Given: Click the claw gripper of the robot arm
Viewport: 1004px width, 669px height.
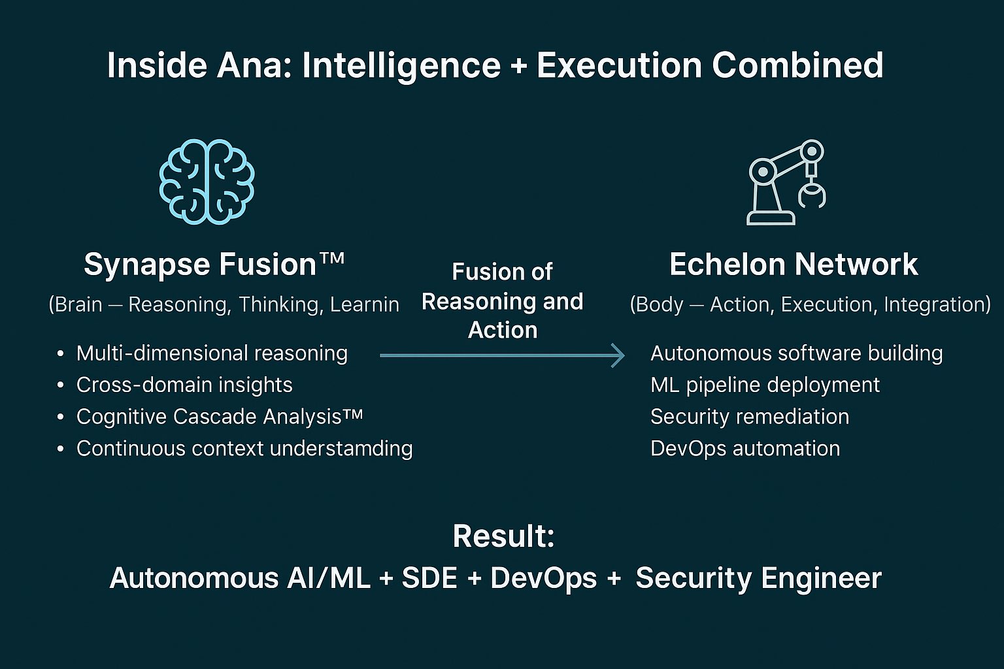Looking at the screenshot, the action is click(812, 197).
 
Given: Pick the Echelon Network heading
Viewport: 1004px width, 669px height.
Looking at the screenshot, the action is click(794, 264).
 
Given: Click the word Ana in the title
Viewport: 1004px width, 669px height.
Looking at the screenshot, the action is click(254, 65).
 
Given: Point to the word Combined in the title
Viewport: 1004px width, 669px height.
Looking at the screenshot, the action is click(797, 65).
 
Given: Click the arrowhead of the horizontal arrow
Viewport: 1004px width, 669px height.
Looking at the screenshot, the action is click(619, 356).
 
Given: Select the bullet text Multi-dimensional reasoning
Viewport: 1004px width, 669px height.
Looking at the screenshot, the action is click(212, 353).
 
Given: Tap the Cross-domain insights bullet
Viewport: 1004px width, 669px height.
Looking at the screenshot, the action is click(184, 385).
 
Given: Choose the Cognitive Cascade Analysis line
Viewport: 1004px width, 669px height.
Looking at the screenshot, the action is click(220, 417).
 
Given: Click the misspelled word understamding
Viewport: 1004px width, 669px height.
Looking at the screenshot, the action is click(341, 449).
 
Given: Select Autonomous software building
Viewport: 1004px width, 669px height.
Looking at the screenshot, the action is click(797, 353).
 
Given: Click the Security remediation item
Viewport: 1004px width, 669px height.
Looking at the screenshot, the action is click(750, 417).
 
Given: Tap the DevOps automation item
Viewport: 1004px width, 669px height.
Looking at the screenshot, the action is click(745, 449).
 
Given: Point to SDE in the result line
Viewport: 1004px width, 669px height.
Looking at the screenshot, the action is click(429, 578).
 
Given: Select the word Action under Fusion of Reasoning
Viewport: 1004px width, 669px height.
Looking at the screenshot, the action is click(503, 330).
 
